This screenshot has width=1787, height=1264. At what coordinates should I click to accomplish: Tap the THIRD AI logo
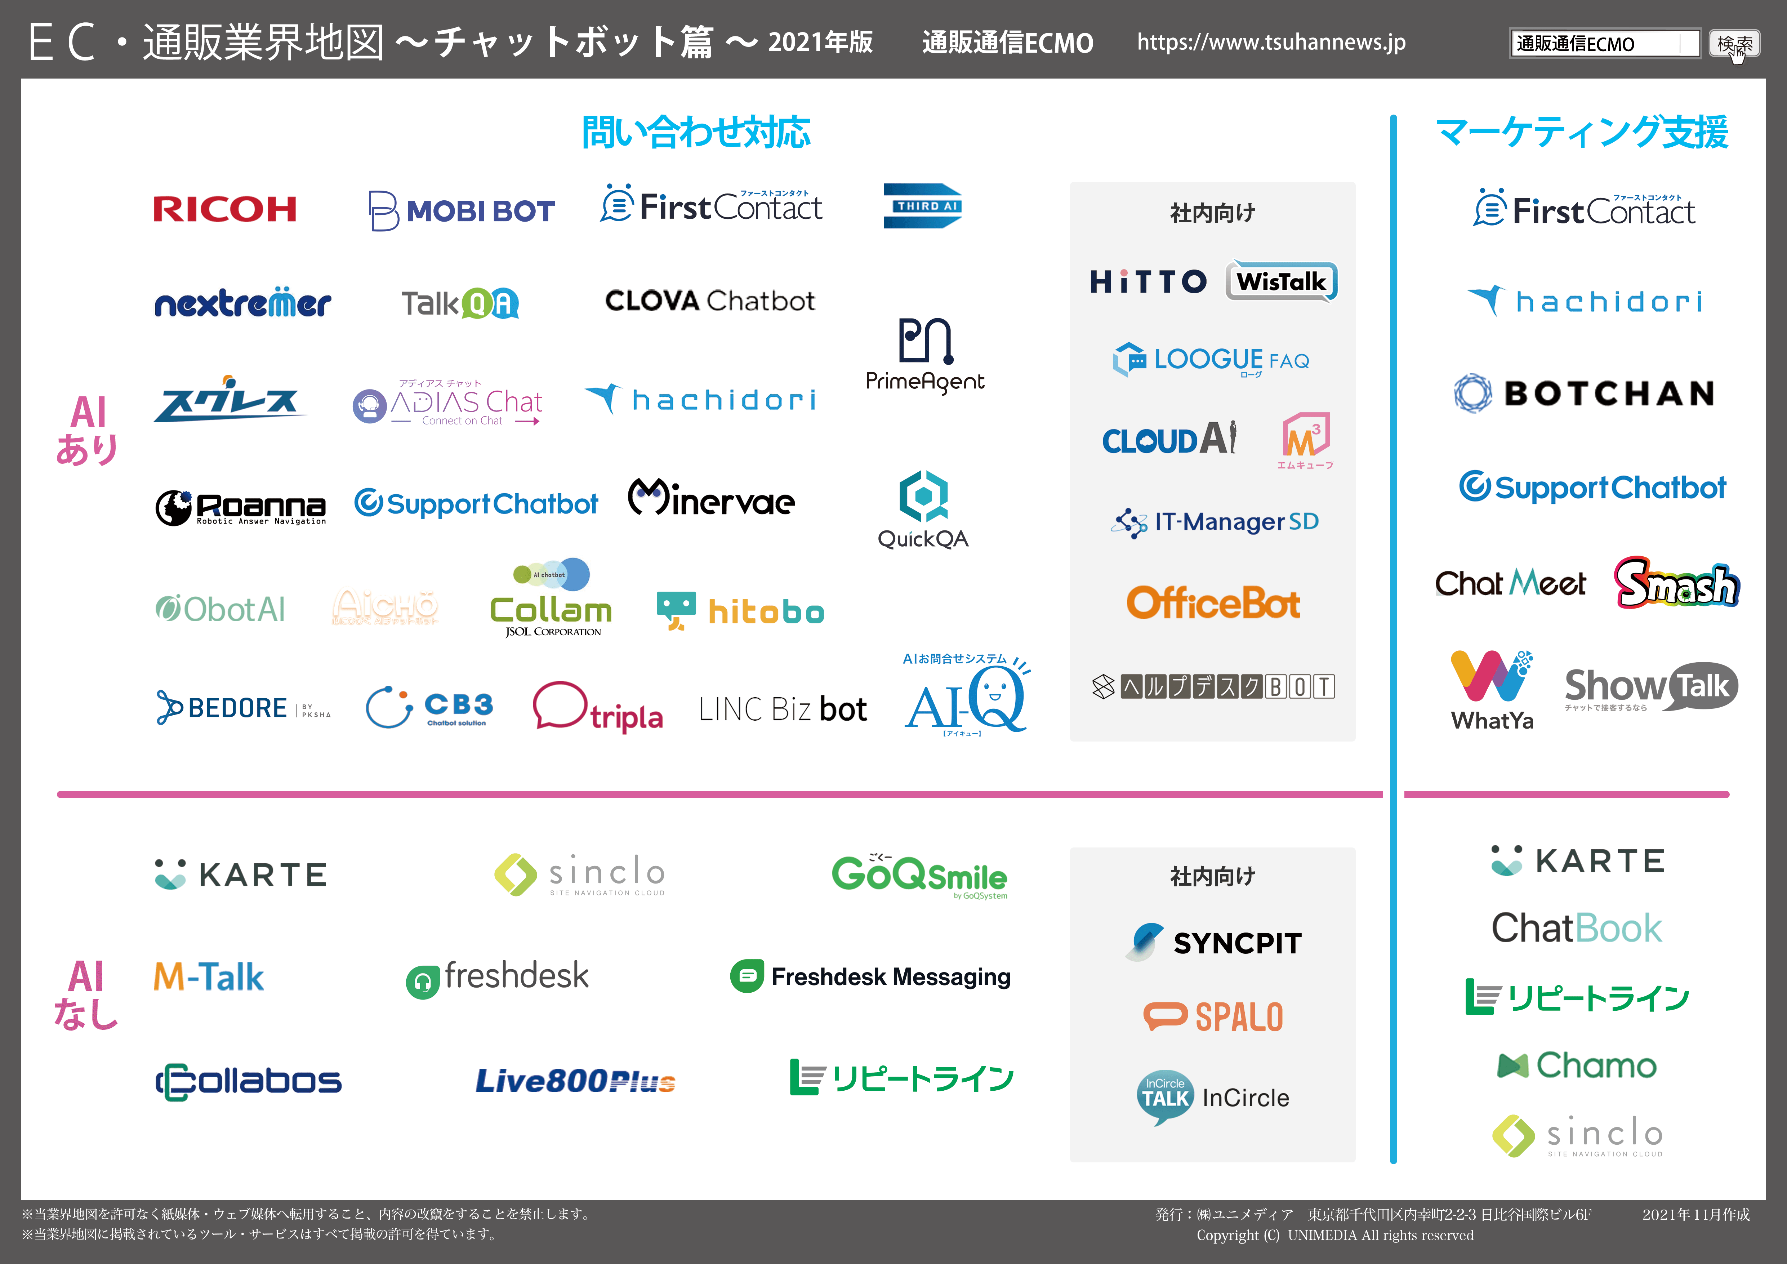(x=922, y=206)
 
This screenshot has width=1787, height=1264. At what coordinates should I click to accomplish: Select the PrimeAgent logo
(x=924, y=354)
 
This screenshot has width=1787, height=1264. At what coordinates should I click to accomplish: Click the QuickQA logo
(x=923, y=510)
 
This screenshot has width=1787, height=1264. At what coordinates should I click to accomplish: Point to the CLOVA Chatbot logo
(x=709, y=301)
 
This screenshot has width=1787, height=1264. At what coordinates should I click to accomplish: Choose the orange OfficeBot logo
(x=1213, y=603)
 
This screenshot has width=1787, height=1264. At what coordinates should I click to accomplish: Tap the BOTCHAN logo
(x=1584, y=393)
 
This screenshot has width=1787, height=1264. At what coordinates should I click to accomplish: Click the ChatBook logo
(x=1576, y=928)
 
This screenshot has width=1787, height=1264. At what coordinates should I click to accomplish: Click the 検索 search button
(x=1734, y=44)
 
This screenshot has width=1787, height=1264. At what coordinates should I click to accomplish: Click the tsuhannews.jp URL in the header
(x=1271, y=42)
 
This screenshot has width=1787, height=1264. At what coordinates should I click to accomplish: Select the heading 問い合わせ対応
(x=696, y=132)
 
